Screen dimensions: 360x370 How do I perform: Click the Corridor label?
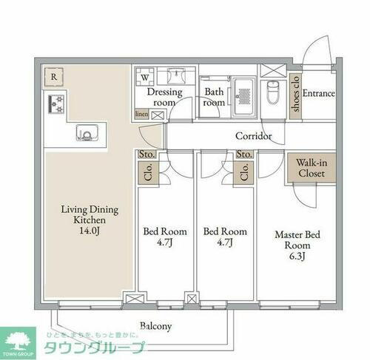[254, 136]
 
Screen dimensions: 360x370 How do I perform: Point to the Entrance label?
[319, 94]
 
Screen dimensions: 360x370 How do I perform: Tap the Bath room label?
[215, 98]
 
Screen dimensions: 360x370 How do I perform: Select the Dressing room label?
[164, 98]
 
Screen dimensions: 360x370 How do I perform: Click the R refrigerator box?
[54, 75]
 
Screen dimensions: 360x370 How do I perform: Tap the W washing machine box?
[146, 75]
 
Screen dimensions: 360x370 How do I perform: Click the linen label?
[141, 115]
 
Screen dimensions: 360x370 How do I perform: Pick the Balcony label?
[156, 325]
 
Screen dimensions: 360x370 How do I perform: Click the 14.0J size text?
[90, 231]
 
